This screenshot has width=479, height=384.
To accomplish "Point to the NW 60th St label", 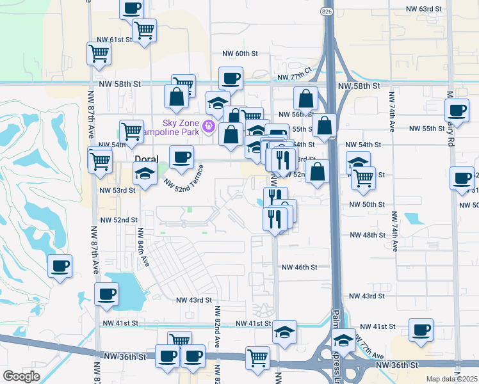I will click(x=239, y=54).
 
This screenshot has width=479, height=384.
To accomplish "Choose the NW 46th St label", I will click(x=296, y=267).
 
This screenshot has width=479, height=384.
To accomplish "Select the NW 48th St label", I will click(x=366, y=235).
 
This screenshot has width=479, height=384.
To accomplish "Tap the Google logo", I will click(x=21, y=376).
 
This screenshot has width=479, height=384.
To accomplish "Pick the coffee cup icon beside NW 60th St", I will click(x=231, y=78).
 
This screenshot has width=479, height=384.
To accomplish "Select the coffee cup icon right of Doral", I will click(x=181, y=157).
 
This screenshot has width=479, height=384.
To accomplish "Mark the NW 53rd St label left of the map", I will click(x=117, y=190).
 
